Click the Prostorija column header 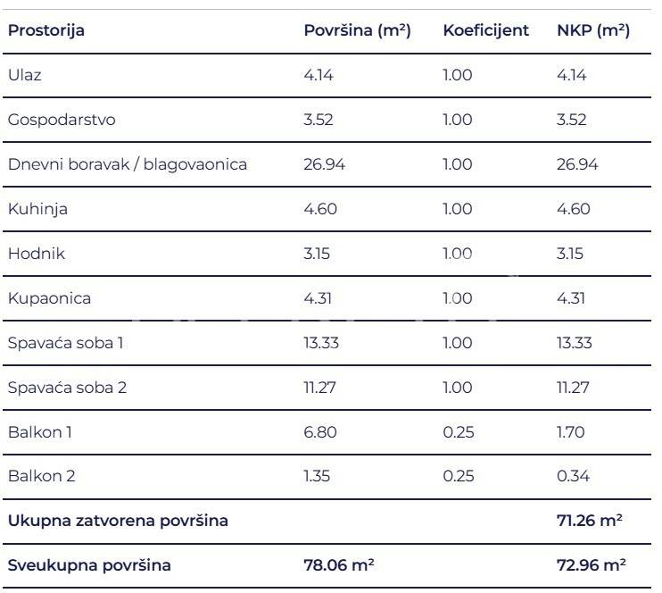tap(46, 30)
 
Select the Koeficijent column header tap(485, 30)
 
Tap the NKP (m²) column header tap(593, 30)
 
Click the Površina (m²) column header tap(357, 30)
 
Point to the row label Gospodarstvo tap(62, 120)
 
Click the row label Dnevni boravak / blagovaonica tap(128, 164)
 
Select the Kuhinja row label tap(37, 209)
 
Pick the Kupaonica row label tap(49, 298)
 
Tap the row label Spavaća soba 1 tap(65, 343)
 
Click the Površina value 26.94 tap(324, 164)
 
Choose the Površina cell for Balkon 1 tap(320, 432)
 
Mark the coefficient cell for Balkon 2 tap(458, 477)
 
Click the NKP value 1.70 tap(571, 432)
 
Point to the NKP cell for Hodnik tap(570, 254)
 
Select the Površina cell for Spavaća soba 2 tap(320, 388)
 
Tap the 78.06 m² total tap(339, 565)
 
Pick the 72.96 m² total tap(591, 565)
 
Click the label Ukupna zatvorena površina tap(118, 521)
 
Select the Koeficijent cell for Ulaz tap(458, 75)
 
